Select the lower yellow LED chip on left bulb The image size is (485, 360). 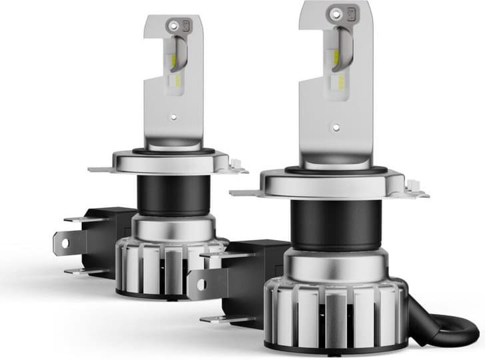click(175, 90)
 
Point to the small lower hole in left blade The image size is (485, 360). click(174, 118)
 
